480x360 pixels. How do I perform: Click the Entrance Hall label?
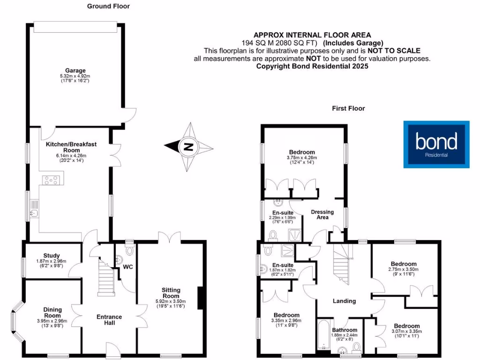tap(109, 320)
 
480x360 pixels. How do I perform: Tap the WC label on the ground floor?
tap(128, 267)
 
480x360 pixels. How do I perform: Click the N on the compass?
tap(188, 146)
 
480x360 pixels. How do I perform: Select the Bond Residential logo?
tap(436, 144)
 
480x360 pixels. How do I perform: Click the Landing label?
tap(344, 301)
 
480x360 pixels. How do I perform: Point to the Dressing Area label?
tap(322, 215)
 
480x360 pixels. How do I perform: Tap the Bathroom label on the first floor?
tap(345, 330)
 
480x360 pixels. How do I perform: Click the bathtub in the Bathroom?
tap(323, 335)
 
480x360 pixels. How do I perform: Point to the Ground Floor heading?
tap(108, 6)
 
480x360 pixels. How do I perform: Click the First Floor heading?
tap(348, 108)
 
